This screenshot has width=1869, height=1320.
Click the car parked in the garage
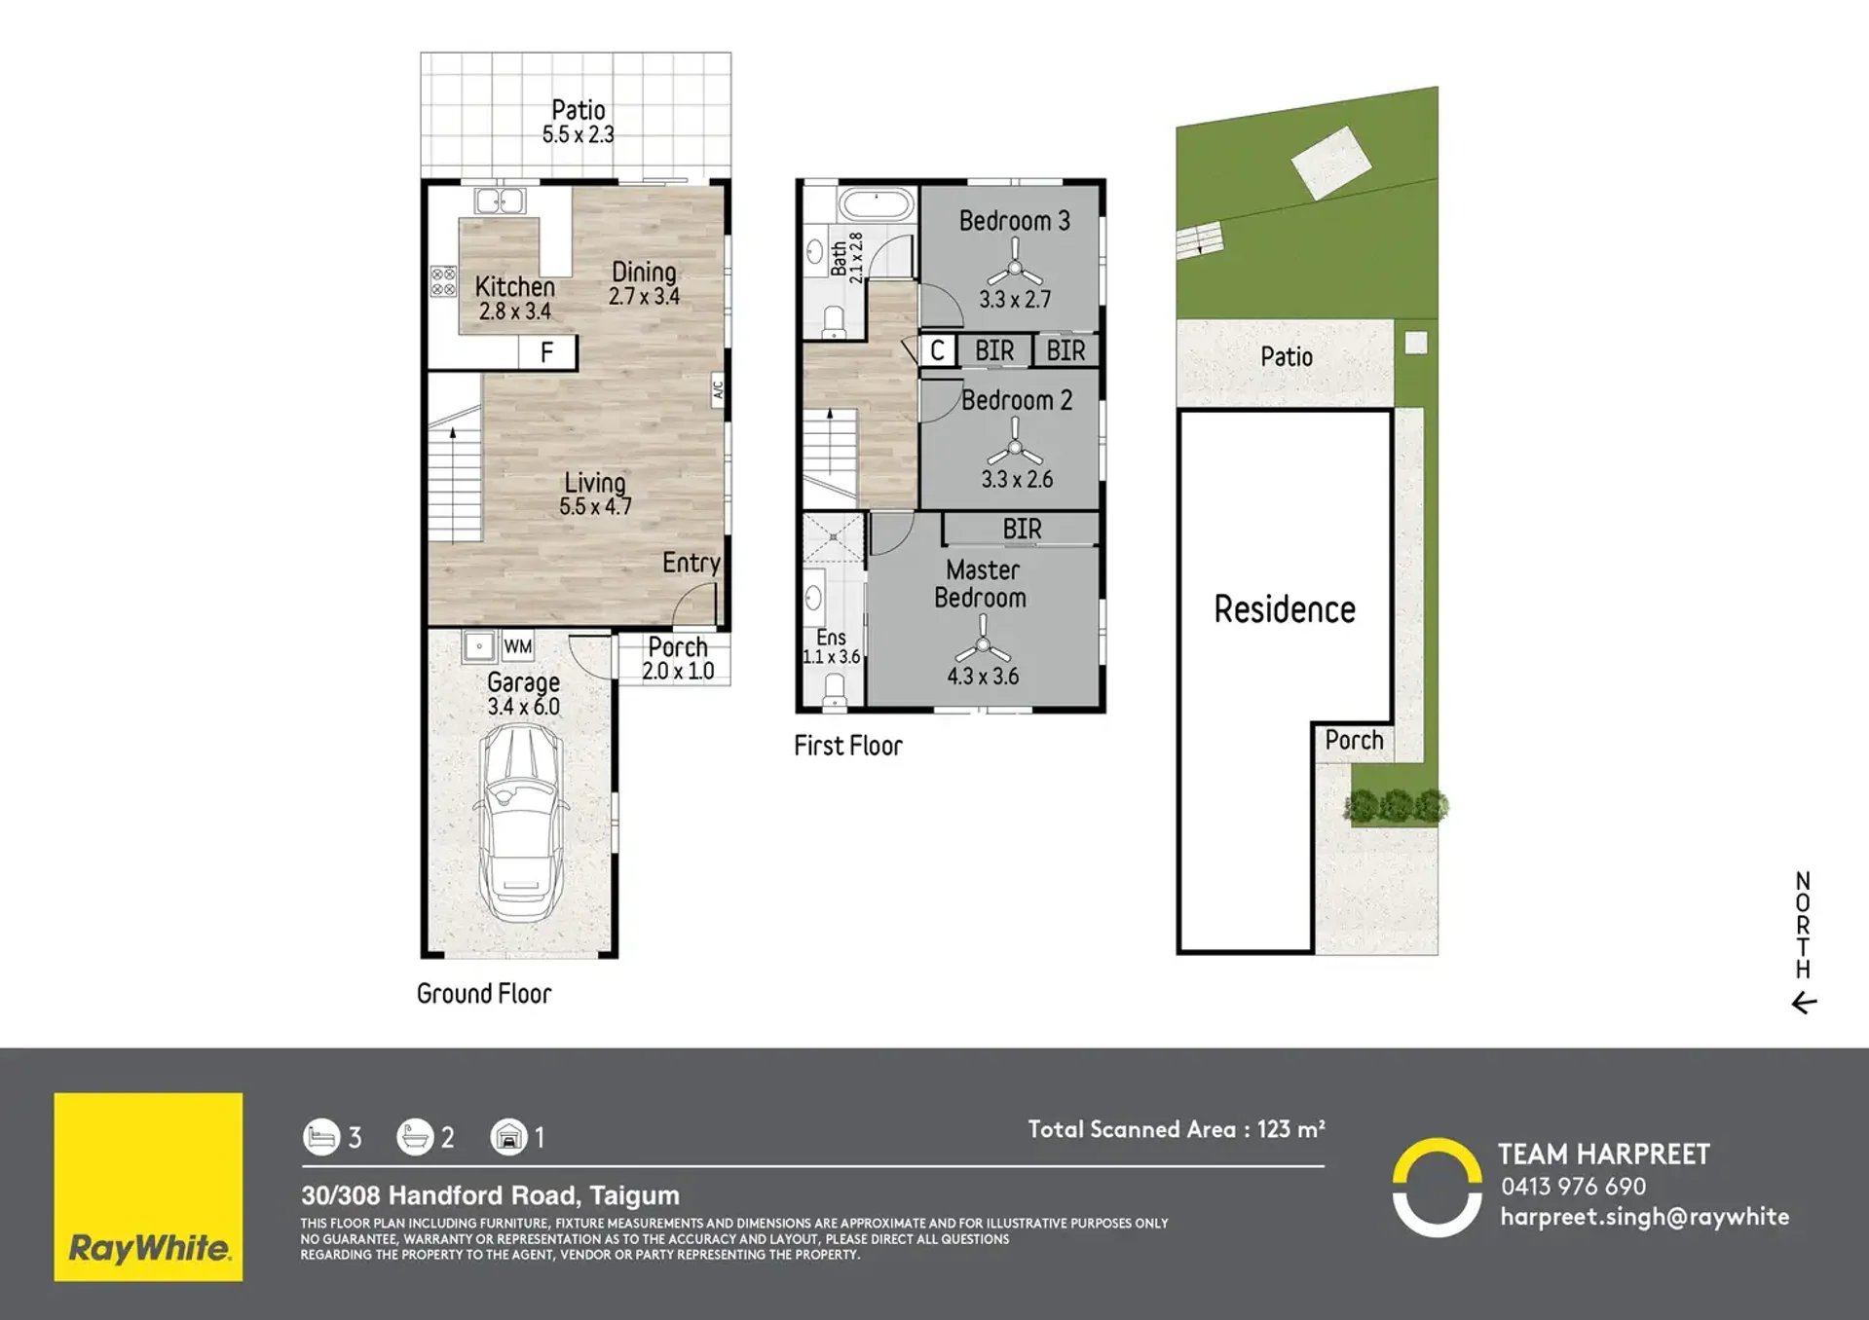pyautogui.click(x=523, y=823)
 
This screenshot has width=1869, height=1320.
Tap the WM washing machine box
pyautogui.click(x=518, y=646)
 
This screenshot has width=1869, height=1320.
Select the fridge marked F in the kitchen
pyautogui.click(x=547, y=351)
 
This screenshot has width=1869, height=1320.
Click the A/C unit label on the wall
pyautogui.click(x=718, y=389)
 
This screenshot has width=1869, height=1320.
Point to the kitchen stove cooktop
pyautogui.click(x=443, y=281)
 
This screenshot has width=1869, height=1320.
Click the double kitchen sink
pyautogui.click(x=499, y=202)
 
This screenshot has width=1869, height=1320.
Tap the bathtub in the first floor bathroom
pyautogui.click(x=877, y=205)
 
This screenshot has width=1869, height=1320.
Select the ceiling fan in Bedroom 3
pyautogui.click(x=1015, y=266)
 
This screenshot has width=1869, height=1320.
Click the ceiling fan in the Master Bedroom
pyautogui.click(x=983, y=644)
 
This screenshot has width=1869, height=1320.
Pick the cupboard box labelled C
pyautogui.click(x=937, y=350)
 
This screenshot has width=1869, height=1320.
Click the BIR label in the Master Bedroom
pyautogui.click(x=1022, y=529)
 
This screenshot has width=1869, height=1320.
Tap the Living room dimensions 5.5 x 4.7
pyautogui.click(x=595, y=506)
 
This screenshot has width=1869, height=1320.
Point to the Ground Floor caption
pyautogui.click(x=484, y=994)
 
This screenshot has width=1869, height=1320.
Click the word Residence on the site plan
pyautogui.click(x=1285, y=609)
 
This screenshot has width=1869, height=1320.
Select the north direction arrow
pyautogui.click(x=1804, y=1003)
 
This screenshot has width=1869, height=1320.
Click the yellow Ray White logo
pyautogui.click(x=148, y=1187)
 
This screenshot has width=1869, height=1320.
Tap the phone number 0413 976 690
pyautogui.click(x=1573, y=1187)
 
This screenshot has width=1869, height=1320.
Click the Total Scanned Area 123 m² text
pyautogui.click(x=1177, y=1129)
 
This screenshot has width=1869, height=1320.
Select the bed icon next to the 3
pyautogui.click(x=321, y=1137)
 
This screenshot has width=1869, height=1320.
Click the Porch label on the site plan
pyautogui.click(x=1354, y=741)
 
